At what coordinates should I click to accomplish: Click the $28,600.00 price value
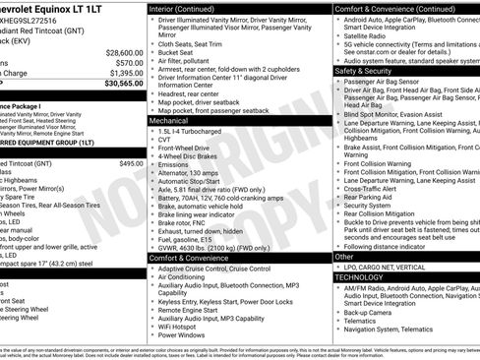pyautogui.click(x=124, y=52)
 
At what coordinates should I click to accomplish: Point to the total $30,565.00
pyautogui.click(x=124, y=85)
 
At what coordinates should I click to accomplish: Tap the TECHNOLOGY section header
pyautogui.click(x=362, y=277)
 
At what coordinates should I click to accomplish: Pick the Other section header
pyautogui.click(x=345, y=256)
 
